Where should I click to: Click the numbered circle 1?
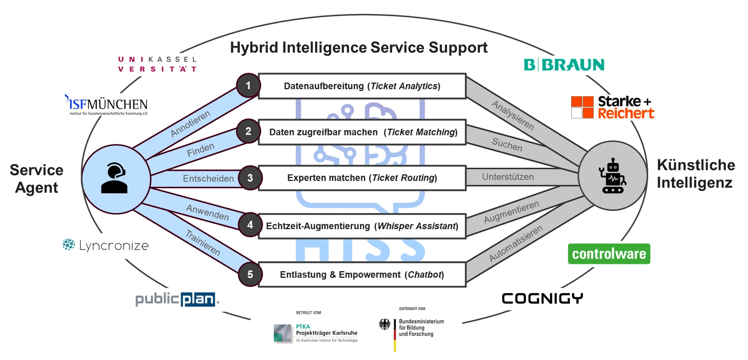[x=248, y=86]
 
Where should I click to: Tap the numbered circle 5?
[x=250, y=274]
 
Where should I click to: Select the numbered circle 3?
[x=250, y=178]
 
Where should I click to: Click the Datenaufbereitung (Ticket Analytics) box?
[x=362, y=86]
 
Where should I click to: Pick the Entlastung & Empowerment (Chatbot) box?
[x=362, y=274]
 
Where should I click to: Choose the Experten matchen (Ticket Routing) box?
[x=362, y=178]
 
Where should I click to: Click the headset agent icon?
[x=115, y=179]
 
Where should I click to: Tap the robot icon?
[x=613, y=176]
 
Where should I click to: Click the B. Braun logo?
[x=564, y=65]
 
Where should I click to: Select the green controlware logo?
[x=609, y=254]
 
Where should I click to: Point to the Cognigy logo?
[x=542, y=298]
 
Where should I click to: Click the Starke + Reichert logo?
[x=612, y=107]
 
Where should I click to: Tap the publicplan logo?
[x=177, y=299]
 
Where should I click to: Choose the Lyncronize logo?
[x=106, y=246]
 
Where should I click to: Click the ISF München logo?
[x=107, y=105]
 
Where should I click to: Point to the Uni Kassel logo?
[x=157, y=64]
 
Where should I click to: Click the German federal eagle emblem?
[x=385, y=325]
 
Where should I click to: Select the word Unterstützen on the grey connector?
[x=508, y=177]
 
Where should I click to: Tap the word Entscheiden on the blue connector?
[x=208, y=179]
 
